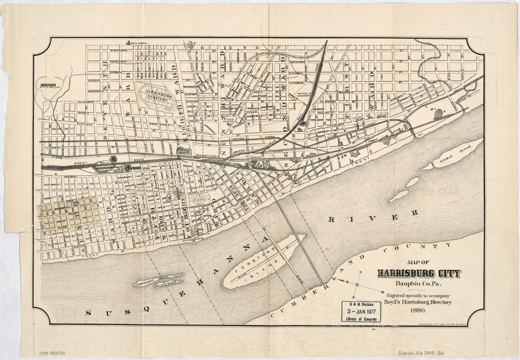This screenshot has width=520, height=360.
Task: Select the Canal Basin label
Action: pyautogui.click(x=184, y=151)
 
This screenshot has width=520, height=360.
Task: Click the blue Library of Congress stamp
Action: pyautogui.click(x=361, y=312)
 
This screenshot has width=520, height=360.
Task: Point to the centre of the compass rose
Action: pyautogui.click(x=358, y=284)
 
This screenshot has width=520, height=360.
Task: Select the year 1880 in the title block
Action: pyautogui.click(x=418, y=310)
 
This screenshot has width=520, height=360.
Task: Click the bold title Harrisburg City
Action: pyautogui.click(x=418, y=273)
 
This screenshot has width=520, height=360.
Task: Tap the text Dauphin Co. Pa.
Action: pyautogui.click(x=418, y=284)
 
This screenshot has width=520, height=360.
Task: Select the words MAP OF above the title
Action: pyautogui.click(x=418, y=263)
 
